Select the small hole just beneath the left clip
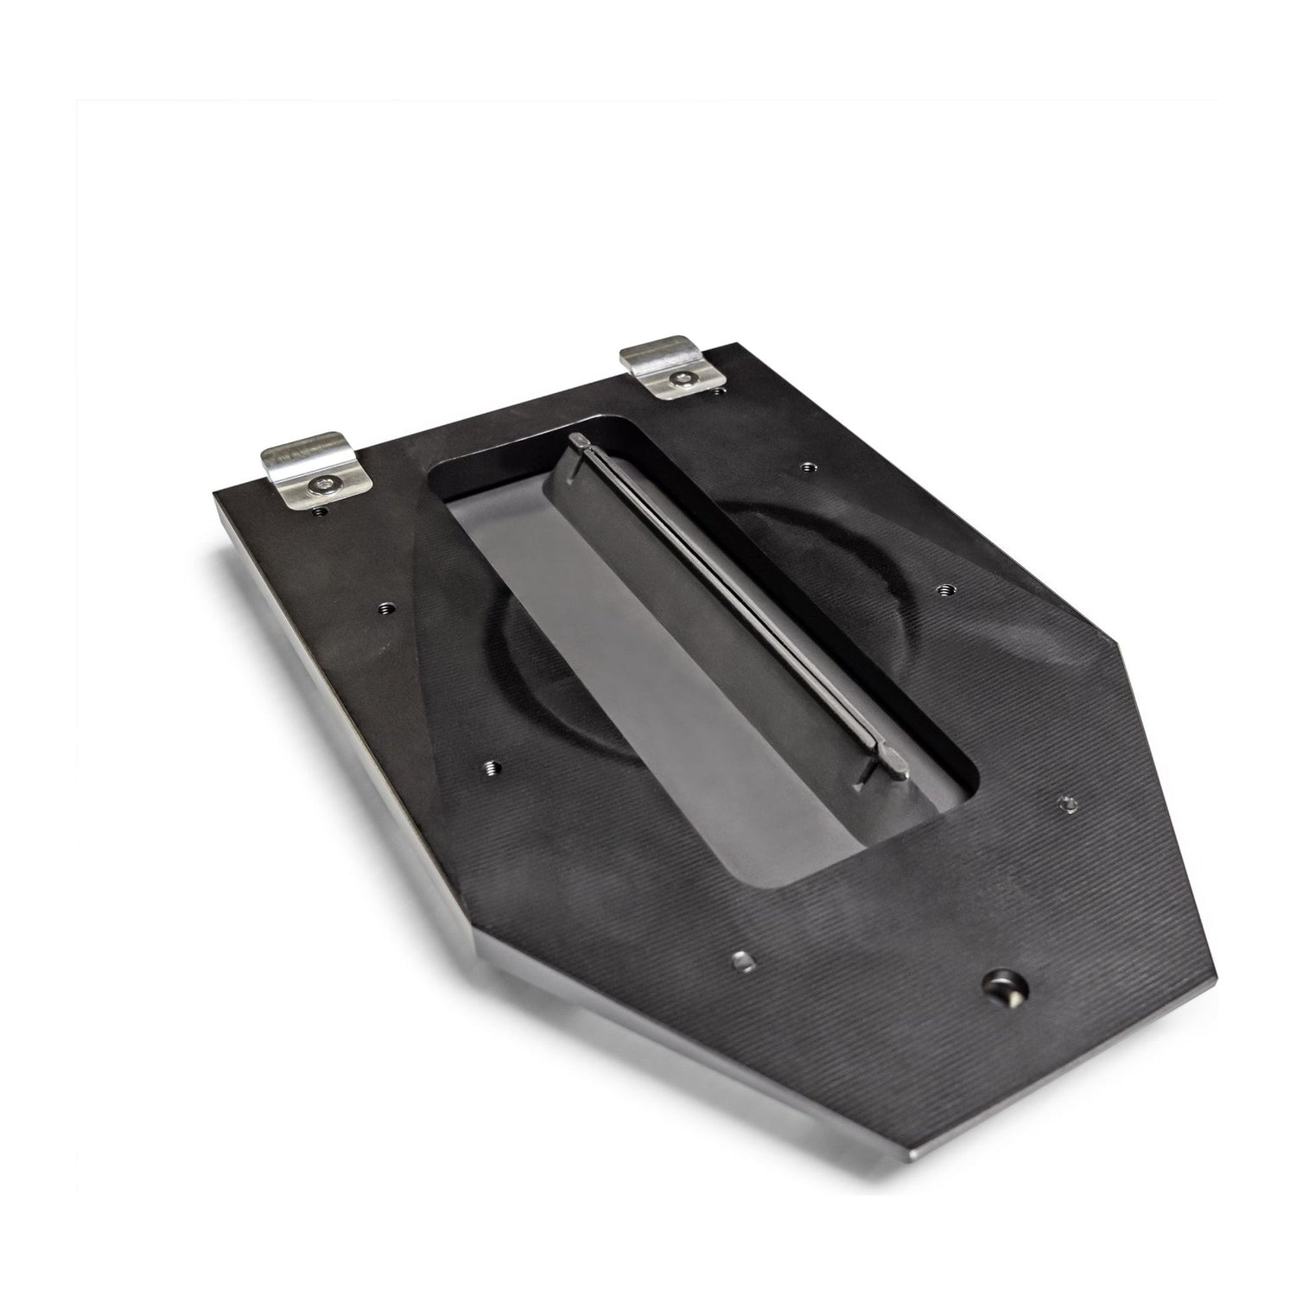(x=321, y=511)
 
